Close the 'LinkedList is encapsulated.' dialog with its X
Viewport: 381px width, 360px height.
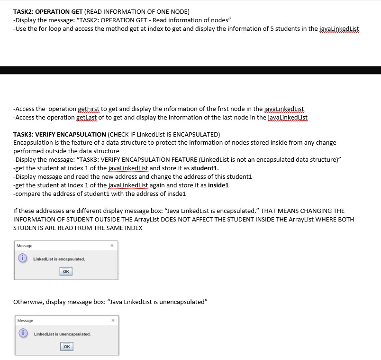coord(112,246)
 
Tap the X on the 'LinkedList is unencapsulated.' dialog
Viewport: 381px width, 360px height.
coord(113,321)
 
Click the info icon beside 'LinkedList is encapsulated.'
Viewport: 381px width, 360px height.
coord(21,259)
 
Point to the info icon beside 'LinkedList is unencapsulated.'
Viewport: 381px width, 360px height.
coord(22,334)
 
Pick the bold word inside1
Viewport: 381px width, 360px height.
coord(218,185)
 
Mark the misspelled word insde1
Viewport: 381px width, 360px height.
coord(176,194)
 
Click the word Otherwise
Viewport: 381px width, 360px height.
coord(28,302)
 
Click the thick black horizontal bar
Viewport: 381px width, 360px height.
coord(190,70)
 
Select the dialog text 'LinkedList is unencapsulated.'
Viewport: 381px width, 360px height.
coord(62,334)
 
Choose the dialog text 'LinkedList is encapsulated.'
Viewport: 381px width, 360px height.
coord(59,259)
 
